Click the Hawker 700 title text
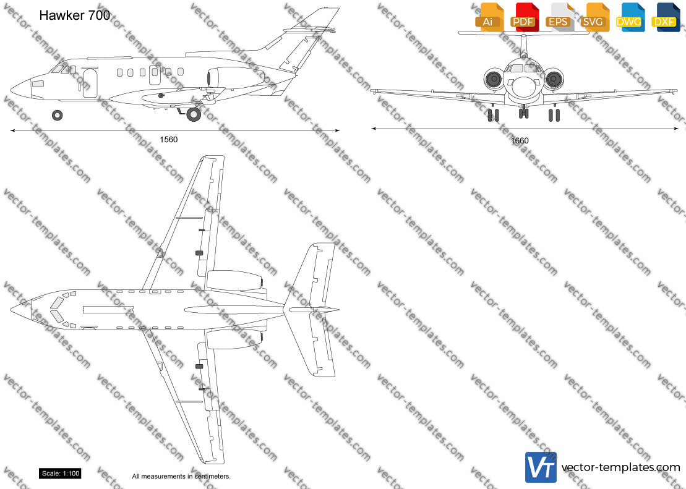pos(74,15)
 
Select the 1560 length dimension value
pos(168,140)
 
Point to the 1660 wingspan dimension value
pos(520,140)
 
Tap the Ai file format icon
pos(489,17)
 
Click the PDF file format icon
pos(525,17)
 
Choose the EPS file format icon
pos(560,17)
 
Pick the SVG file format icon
pos(596,17)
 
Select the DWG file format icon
pos(631,17)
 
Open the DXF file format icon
pos(666,17)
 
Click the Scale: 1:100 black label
pos(61,474)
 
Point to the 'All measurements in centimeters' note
pos(181,476)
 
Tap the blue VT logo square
pos(541,467)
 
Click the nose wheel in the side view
pos(58,115)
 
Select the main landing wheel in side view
pos(194,114)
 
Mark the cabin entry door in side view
pos(90,83)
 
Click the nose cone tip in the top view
pos(11,310)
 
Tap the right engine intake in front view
pos(554,79)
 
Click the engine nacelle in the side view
pos(236,77)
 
